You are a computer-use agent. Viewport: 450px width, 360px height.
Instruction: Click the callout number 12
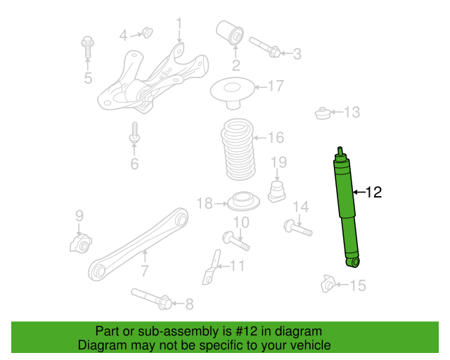coord(374,191)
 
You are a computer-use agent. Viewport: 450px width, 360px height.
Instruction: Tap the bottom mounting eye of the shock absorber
coord(353,262)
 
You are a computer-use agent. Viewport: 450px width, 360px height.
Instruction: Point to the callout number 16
coord(276,137)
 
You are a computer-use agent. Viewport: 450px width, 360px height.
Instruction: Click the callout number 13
coord(351,112)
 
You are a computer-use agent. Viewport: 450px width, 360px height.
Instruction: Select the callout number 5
coord(88,78)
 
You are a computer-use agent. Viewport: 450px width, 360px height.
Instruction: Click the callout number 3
coord(297,53)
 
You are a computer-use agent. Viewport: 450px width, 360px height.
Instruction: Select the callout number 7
coord(145,271)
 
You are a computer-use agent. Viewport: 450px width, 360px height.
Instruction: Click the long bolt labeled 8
coord(151,299)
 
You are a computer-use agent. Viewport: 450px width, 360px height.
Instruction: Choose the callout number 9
coord(79,215)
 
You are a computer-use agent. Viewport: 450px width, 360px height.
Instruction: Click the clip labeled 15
coord(328,284)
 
